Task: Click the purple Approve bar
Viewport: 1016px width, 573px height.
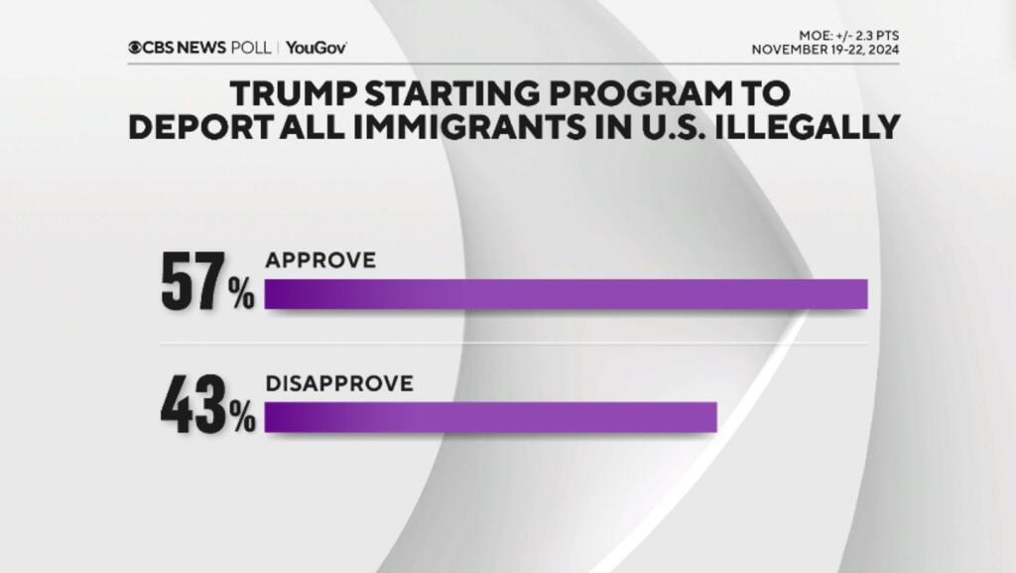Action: point(566,295)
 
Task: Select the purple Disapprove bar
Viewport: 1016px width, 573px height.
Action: point(490,417)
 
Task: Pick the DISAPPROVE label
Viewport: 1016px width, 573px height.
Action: point(338,383)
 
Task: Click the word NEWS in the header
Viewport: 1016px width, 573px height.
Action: point(203,47)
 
